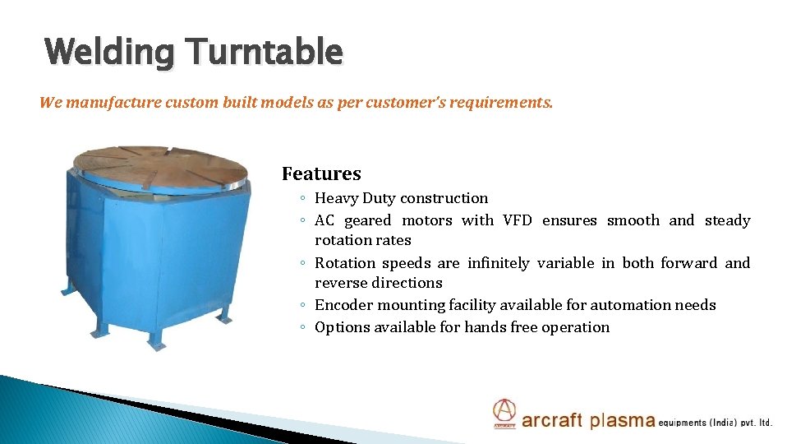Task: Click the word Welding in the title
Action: pos(109,53)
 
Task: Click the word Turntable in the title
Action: pos(265,51)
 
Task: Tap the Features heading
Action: pos(321,173)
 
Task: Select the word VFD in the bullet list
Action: pos(517,220)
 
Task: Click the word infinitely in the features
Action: pos(499,262)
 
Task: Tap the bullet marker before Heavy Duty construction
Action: pos(302,198)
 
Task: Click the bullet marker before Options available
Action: pos(302,327)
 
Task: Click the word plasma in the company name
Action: pos(623,420)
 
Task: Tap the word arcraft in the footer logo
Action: pos(552,419)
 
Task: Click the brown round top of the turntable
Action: pos(160,167)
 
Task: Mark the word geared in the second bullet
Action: pos(368,221)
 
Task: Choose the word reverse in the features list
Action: pos(340,284)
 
